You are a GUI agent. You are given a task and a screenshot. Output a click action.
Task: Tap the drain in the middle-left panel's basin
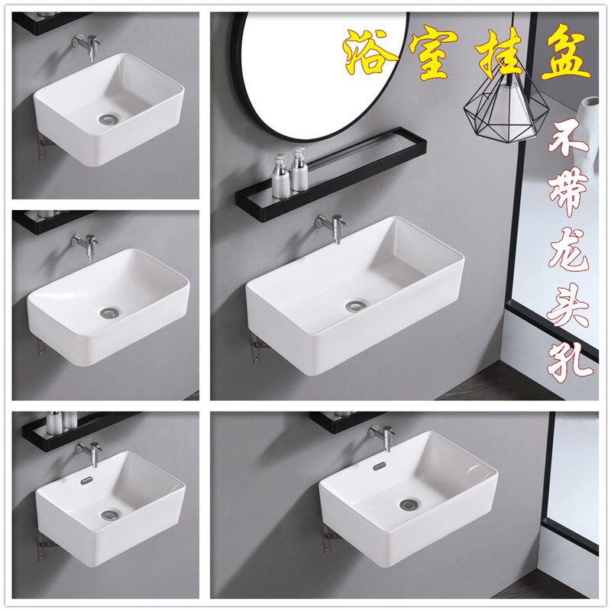[111, 312]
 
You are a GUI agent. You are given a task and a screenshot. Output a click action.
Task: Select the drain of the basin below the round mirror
[356, 306]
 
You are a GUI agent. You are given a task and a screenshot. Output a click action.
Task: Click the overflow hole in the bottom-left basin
[86, 481]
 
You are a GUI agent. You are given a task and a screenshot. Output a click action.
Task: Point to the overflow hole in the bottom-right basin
[379, 467]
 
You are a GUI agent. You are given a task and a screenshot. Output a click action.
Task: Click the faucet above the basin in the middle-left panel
[86, 245]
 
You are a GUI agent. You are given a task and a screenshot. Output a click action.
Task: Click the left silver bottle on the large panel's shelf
[280, 176]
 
